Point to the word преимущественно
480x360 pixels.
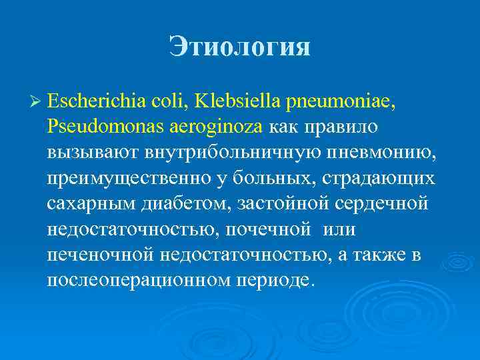(123, 179)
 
